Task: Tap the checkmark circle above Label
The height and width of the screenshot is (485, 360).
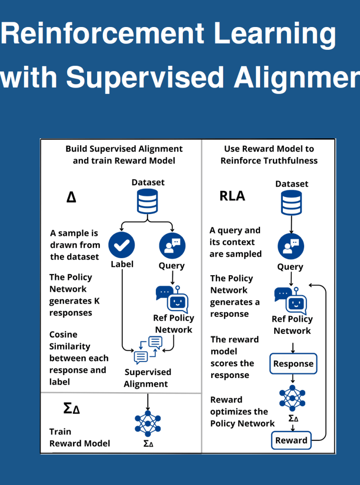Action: pos(122,245)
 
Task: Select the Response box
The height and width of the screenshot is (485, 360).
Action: pos(293,364)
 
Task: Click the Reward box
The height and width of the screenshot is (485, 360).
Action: pos(291,440)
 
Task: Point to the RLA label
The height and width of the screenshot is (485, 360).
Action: pos(232,196)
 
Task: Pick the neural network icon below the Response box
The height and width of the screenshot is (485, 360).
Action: pos(292,398)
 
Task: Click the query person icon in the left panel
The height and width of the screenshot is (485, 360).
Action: pos(172,245)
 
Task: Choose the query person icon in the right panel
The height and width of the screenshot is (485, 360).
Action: pos(290,246)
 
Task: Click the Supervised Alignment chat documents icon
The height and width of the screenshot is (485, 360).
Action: pos(148,349)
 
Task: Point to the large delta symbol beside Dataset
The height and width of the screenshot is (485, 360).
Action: pos(71,197)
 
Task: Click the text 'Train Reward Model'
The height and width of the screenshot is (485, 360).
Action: pos(80,438)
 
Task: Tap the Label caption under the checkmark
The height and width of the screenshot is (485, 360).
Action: pos(122,264)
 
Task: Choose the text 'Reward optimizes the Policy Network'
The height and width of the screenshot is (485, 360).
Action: pos(242,412)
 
